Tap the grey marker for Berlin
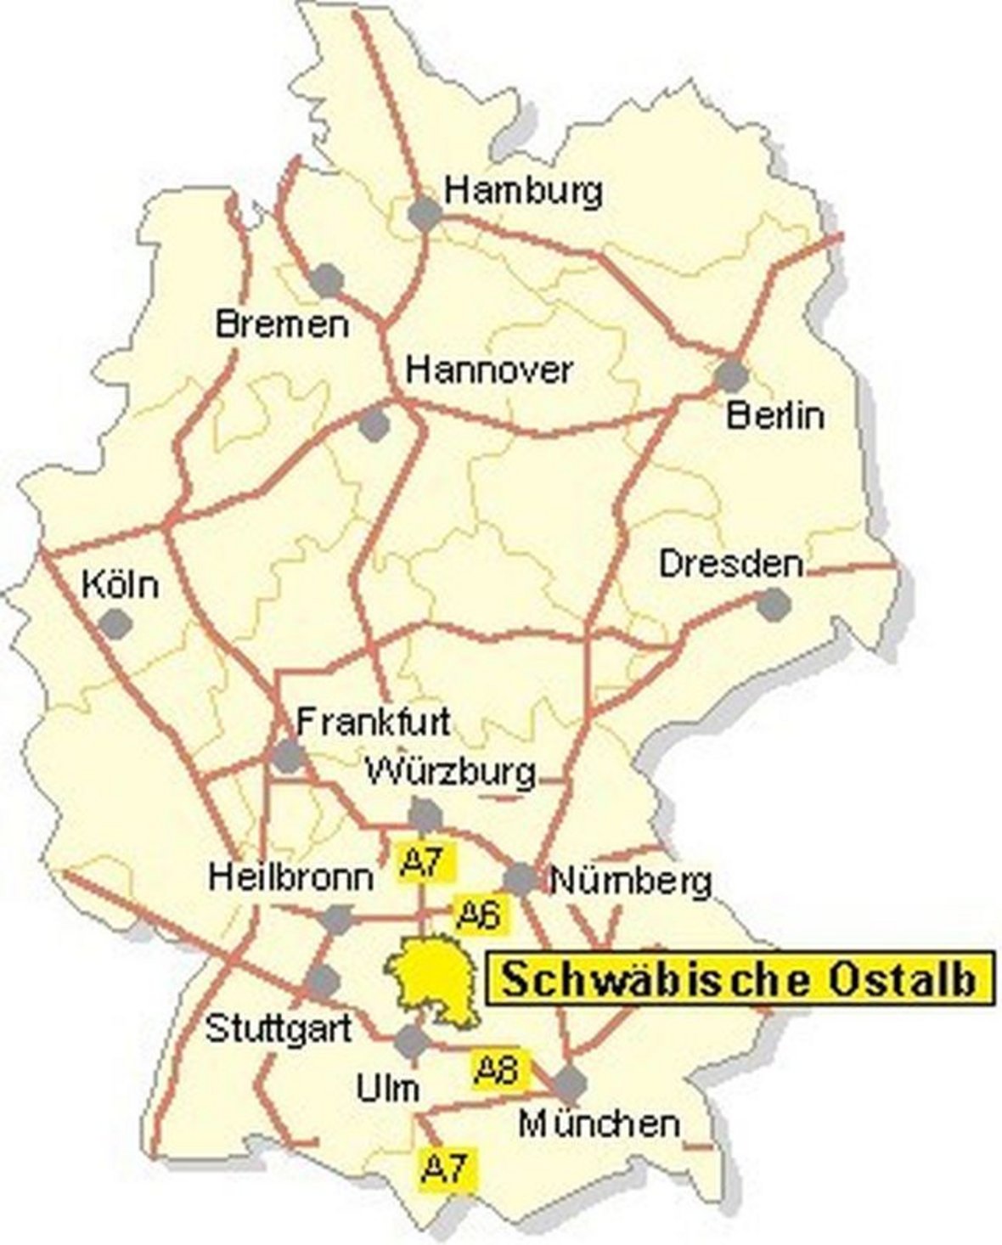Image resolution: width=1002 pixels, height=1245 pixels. [731, 375]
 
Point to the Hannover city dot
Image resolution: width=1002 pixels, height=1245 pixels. [374, 425]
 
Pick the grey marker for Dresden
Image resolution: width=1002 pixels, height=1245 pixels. [773, 604]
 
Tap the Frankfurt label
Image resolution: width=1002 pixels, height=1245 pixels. [373, 722]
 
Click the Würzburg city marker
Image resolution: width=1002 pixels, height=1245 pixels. [425, 815]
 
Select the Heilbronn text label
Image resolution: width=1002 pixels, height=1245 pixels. [290, 876]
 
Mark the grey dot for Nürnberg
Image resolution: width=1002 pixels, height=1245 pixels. [521, 879]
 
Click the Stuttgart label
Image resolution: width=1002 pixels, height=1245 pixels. [279, 1029]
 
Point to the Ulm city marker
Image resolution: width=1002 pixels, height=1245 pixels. [412, 1041]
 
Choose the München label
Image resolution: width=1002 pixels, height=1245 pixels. [600, 1124]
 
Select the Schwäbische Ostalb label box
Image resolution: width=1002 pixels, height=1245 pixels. [738, 978]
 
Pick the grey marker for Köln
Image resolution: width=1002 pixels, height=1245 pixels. [115, 624]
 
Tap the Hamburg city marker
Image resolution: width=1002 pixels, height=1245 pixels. [425, 213]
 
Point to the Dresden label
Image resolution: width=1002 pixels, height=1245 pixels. [731, 565]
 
